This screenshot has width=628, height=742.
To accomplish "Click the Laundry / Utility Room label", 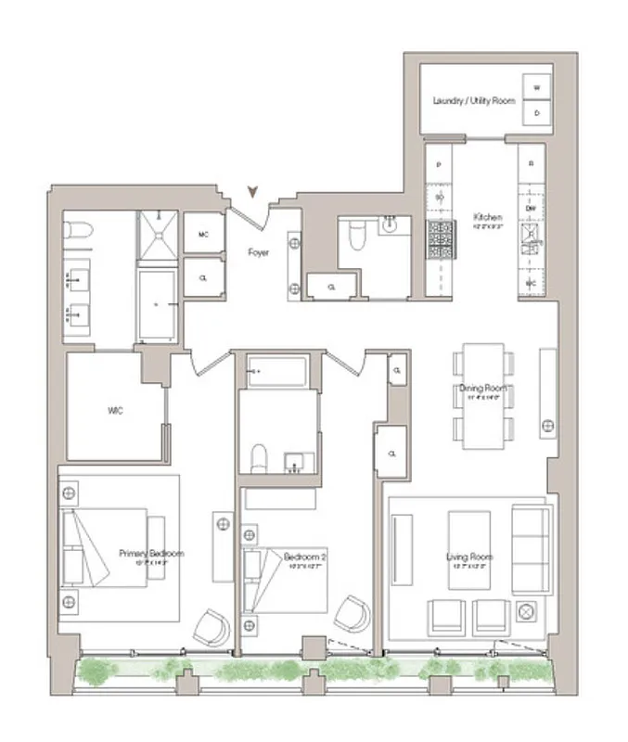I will [x=474, y=99].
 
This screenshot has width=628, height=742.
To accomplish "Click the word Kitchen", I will [x=488, y=216].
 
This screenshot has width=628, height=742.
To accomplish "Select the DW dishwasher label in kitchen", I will [x=532, y=210].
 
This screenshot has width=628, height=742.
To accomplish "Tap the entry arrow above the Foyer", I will [x=252, y=192].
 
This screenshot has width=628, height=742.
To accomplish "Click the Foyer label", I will [x=259, y=251].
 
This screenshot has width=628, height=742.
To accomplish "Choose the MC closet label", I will [x=204, y=235].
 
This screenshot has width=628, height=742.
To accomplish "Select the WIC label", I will [x=114, y=411].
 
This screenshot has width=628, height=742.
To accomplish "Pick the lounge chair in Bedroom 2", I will [x=352, y=614].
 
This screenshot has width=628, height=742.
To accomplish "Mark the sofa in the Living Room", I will [x=532, y=550].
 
